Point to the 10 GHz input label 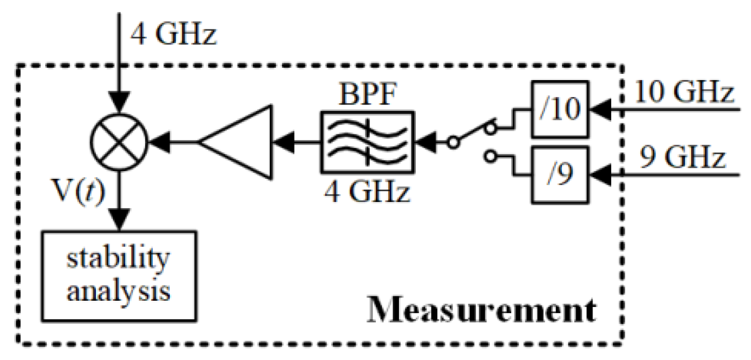tap(682, 91)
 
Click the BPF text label tap(367, 94)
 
